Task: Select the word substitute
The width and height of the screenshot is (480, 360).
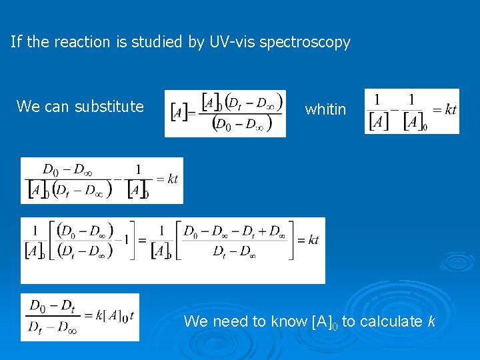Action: click(109, 106)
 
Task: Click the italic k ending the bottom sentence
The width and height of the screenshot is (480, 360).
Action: click(432, 321)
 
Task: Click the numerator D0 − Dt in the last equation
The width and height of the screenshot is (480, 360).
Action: click(51, 305)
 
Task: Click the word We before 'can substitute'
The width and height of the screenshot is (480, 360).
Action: click(28, 106)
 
